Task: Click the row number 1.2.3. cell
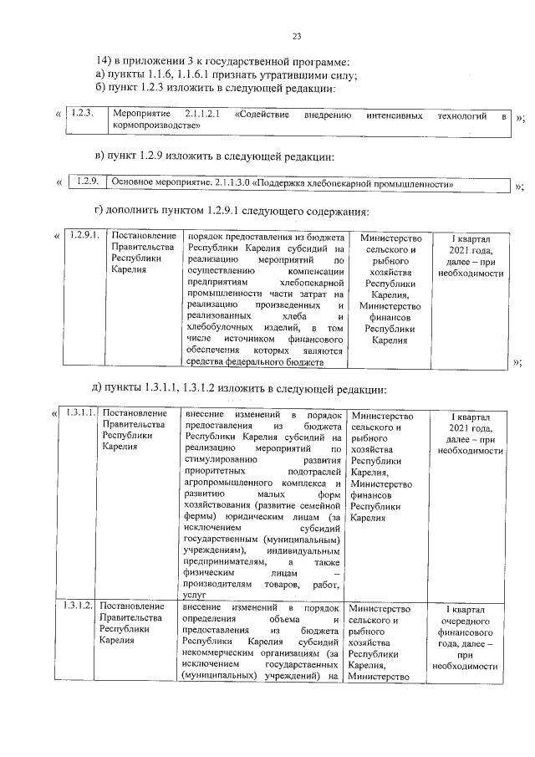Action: click(82, 113)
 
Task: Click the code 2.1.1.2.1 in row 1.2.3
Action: click(201, 113)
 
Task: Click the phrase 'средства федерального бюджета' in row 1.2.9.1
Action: click(254, 361)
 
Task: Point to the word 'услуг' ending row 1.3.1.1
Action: click(193, 593)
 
